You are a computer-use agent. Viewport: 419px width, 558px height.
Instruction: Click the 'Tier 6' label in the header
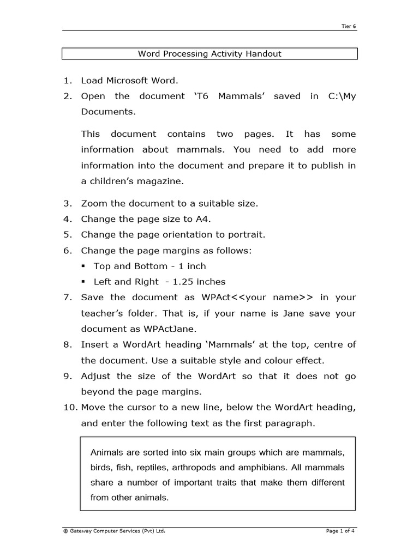349,26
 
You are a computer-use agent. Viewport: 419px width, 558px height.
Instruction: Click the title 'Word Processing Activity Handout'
209,53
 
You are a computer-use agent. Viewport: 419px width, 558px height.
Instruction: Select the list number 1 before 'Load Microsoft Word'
67,81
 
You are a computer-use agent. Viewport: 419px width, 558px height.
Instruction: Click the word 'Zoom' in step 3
94,203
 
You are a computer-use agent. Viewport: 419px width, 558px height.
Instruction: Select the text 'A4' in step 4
203,219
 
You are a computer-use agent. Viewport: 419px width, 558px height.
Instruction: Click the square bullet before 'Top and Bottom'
83,266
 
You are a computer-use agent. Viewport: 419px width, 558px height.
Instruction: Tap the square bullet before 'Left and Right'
83,282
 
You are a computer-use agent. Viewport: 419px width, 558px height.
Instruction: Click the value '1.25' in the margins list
183,282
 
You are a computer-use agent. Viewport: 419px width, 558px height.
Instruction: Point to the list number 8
67,344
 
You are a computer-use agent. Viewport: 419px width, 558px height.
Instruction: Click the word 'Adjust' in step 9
97,376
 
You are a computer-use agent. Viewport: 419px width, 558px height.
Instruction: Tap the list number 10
69,408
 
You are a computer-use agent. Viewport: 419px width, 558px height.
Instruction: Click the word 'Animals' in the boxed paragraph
107,453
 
